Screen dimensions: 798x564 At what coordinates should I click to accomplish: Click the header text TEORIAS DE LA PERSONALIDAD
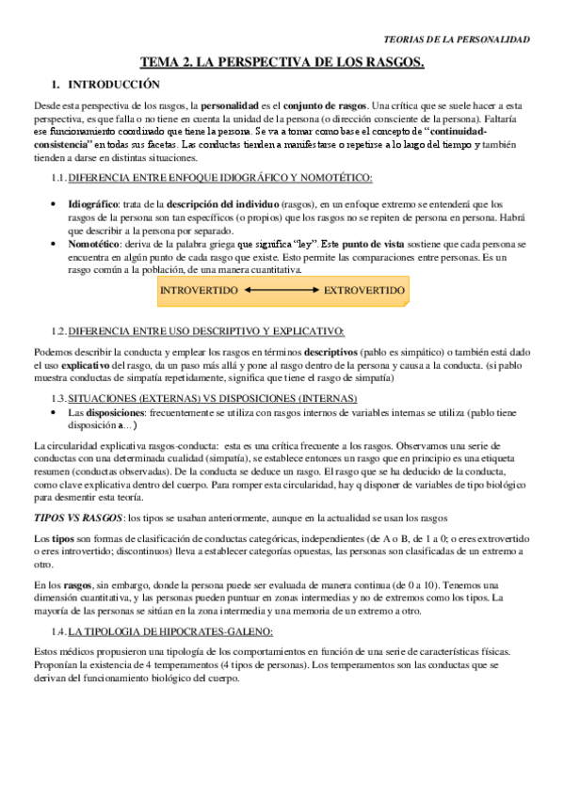coord(459,40)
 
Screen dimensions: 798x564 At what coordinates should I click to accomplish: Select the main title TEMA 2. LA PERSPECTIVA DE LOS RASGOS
coord(282,63)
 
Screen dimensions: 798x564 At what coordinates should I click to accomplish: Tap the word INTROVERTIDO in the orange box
coord(200,291)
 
